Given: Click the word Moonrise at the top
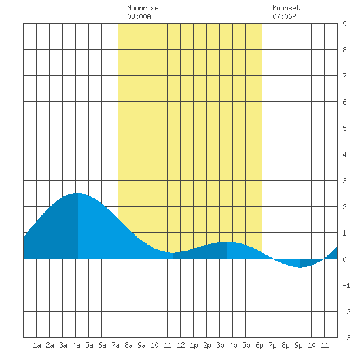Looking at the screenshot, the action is point(143,8).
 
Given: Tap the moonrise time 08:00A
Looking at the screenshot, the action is point(139,16).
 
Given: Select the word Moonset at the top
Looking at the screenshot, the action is point(286,8).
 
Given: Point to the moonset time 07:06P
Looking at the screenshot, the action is point(284,16).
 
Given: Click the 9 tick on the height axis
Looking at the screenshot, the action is point(344,24).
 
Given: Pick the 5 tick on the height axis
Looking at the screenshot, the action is point(344,128).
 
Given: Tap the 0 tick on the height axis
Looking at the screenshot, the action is point(344,259).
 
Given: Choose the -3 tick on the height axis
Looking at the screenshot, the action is point(346,338).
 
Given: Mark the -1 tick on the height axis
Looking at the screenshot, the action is point(346,285).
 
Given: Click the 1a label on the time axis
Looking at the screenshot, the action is point(37,345).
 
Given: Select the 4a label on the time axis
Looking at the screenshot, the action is point(76,345).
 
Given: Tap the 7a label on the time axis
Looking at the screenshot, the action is point(115,345).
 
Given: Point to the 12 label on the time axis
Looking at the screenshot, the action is point(181,345).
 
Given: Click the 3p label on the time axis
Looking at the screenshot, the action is point(220,345).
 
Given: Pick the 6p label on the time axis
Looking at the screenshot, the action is point(259,345).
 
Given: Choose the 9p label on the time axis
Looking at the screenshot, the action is point(298,345).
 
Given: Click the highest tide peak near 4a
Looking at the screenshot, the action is point(78,193).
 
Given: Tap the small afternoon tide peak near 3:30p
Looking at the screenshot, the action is point(227,242).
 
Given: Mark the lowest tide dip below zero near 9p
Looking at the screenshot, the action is point(300,267).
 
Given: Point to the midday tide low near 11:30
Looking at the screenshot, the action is point(173,253).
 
